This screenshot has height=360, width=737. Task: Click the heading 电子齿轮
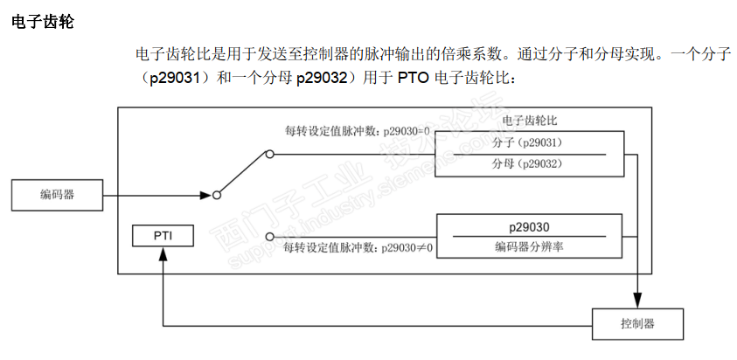[x=43, y=21]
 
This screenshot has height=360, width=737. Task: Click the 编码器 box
[x=57, y=195]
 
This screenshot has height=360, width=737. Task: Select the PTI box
[x=163, y=236]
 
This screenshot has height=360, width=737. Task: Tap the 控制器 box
[x=636, y=323]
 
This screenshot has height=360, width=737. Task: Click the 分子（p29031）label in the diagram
[x=527, y=142]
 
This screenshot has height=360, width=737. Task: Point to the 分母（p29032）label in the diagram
[x=527, y=163]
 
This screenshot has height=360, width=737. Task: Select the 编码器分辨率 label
[x=528, y=246]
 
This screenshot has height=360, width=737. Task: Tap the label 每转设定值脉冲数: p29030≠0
[x=358, y=247]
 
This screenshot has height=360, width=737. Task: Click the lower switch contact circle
[x=270, y=236]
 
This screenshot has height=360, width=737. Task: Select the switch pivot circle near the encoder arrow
[x=216, y=195]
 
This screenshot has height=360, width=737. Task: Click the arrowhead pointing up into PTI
[x=163, y=254]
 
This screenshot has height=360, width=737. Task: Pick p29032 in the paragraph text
[x=323, y=78]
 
